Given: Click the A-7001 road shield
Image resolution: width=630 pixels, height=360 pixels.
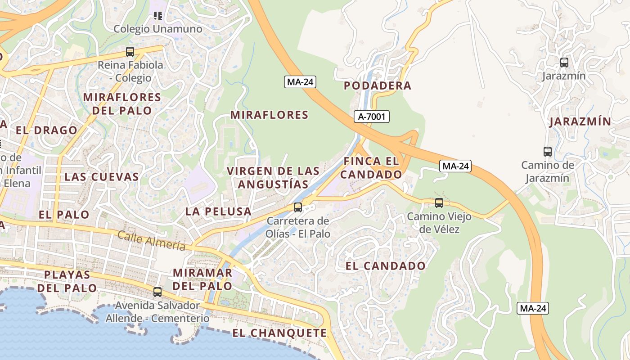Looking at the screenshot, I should click(x=371, y=117).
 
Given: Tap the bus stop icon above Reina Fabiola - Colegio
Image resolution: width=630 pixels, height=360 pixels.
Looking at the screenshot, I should click(x=130, y=52).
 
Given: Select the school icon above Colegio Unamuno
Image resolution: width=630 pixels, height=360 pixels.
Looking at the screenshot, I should click(x=157, y=16).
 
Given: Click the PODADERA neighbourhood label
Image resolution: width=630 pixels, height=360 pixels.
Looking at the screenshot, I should click(x=378, y=85).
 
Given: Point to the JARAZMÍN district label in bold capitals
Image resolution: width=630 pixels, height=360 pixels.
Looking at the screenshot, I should click(x=580, y=121).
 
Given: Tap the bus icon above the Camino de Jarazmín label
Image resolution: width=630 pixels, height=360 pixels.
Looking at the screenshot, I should click(x=548, y=152).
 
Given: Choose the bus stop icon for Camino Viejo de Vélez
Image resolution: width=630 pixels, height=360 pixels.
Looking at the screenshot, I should click(x=439, y=203).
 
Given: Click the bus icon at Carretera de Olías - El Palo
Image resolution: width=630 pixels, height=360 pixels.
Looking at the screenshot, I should click(x=298, y=207).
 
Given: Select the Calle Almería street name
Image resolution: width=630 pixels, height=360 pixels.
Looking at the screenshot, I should click(x=151, y=240).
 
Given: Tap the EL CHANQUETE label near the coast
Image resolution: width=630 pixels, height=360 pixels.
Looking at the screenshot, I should click(x=279, y=333).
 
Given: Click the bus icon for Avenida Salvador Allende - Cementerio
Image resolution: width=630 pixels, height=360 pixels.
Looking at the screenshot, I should click(x=157, y=292).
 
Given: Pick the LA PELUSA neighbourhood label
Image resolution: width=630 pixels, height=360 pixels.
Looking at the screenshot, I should click(x=218, y=211).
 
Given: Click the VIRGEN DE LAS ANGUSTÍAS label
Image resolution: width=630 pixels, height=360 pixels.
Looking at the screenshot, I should click(x=273, y=178).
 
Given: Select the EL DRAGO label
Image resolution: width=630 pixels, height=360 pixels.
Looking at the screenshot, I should click(x=46, y=130).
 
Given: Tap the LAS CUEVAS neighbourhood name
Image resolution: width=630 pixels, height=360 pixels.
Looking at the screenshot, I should click(x=102, y=176).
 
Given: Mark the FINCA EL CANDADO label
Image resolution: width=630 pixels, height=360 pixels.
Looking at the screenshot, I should click(x=371, y=168).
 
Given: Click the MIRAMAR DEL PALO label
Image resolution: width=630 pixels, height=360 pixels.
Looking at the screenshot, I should click(x=202, y=279).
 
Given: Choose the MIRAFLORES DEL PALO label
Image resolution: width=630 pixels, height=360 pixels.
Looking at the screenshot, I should click(x=122, y=103).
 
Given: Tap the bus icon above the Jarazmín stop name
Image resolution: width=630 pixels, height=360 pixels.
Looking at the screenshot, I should click(x=564, y=63).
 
